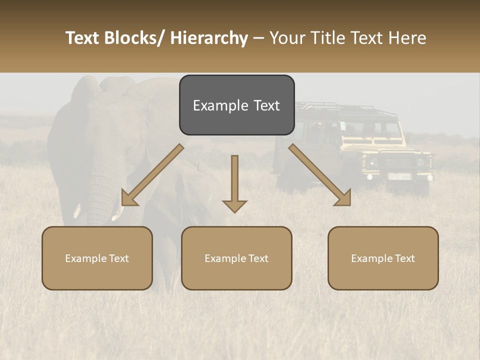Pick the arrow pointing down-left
pyautogui.click(x=153, y=175)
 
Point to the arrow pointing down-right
pyautogui.click(x=319, y=175)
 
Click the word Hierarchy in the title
pyautogui.click(x=209, y=38)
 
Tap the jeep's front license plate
pyautogui.click(x=400, y=176)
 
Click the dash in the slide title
pyautogui.click(x=258, y=38)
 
